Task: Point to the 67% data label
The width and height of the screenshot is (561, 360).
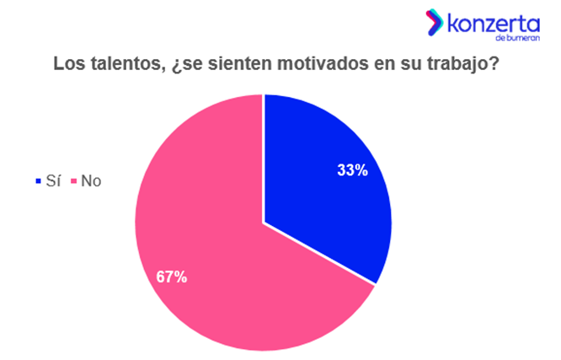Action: click(172, 276)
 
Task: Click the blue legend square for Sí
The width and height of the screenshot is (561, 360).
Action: click(35, 180)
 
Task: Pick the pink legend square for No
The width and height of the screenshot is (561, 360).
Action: click(73, 180)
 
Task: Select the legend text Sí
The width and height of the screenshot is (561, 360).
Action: click(52, 180)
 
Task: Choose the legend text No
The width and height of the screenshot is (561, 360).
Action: click(91, 180)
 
